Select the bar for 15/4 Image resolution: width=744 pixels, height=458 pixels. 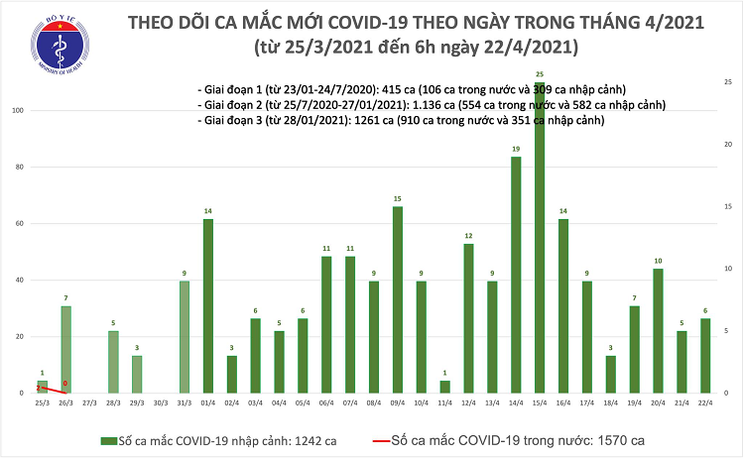pos(540,238)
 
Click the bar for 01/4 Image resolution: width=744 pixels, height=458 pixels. pos(207,306)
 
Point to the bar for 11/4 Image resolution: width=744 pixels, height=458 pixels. pos(444,387)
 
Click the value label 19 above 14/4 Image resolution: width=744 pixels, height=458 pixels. pos(516,149)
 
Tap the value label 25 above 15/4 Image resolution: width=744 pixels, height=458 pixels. pos(540,75)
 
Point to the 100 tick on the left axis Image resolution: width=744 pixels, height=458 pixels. pos(17,111)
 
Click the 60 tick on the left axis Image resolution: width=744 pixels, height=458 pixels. pos(19,224)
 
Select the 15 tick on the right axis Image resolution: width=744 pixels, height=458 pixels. pos(728,206)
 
